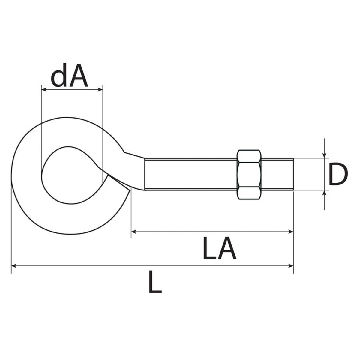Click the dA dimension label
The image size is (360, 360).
(69, 75)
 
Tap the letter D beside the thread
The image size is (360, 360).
(338, 174)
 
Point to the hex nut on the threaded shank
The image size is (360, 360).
(249, 175)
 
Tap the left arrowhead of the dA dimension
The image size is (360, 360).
(44, 90)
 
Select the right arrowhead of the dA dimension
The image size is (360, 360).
(100, 90)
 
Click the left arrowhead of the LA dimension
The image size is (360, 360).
(134, 232)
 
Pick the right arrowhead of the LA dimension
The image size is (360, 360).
(291, 232)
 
